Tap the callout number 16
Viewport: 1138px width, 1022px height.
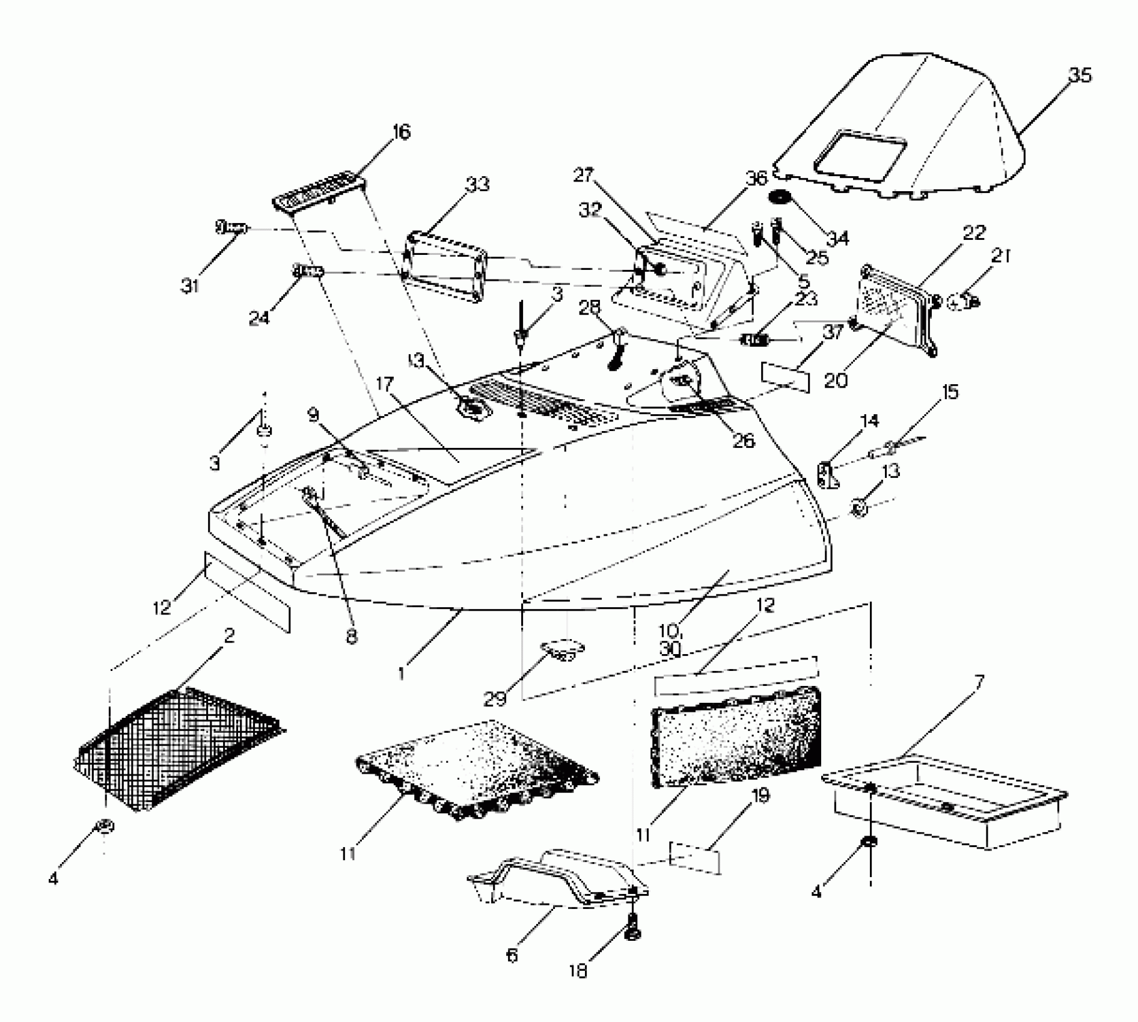point(401,132)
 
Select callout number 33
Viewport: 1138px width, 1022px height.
point(477,185)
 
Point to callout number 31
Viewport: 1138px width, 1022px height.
point(190,286)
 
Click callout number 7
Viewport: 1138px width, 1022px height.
point(979,682)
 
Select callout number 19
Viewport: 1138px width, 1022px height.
point(760,796)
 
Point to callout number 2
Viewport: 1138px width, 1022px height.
point(229,635)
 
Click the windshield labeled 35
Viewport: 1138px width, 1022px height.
point(902,126)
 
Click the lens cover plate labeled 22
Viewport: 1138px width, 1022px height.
point(896,310)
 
